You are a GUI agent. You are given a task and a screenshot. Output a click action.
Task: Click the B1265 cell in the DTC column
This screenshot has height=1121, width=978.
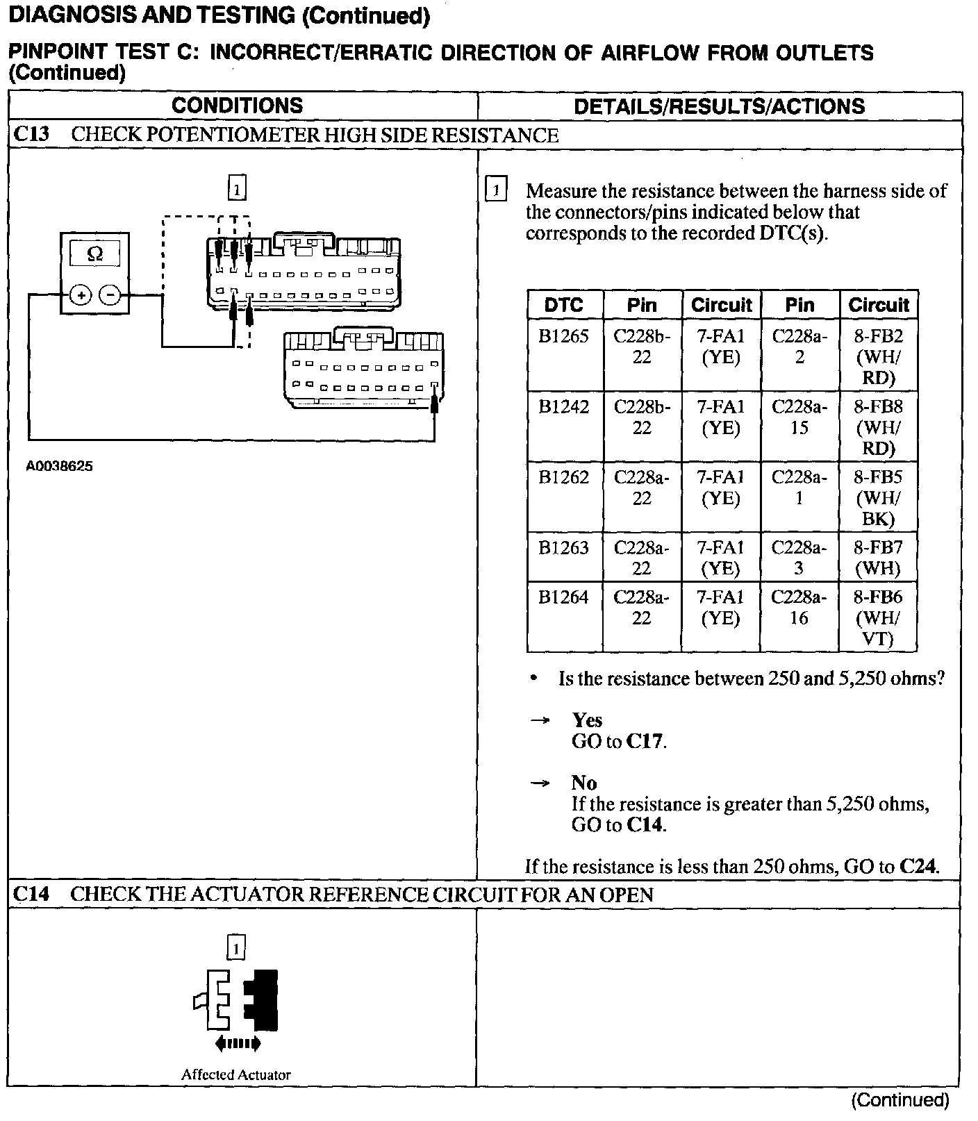563,337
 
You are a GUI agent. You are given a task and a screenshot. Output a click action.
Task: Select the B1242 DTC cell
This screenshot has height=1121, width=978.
563,407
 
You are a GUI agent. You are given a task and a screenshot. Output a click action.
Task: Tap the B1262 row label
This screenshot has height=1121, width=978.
563,477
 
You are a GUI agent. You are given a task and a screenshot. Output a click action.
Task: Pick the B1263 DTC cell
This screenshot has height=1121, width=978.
563,548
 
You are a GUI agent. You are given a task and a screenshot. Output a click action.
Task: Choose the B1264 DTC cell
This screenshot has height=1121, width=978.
563,597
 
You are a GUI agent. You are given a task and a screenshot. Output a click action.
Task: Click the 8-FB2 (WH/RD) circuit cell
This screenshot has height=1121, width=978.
878,357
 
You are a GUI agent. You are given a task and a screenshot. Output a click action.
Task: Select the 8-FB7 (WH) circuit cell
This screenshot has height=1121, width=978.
878,558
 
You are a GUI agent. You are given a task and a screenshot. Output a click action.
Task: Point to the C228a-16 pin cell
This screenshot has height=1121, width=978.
799,607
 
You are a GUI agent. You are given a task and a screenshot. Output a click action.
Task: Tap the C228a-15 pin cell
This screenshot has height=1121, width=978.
799,417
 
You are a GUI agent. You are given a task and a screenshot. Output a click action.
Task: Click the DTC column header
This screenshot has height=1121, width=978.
563,305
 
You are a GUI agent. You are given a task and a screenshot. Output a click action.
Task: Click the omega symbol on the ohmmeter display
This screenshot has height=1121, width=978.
95,254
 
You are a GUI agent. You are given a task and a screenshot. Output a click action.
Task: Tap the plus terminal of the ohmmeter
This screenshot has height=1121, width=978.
81,296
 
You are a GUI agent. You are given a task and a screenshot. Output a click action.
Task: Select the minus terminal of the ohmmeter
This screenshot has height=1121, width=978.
110,296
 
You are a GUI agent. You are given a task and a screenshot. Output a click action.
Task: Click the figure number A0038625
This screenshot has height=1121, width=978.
60,467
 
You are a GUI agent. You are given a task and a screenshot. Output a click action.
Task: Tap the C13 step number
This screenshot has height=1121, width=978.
32,134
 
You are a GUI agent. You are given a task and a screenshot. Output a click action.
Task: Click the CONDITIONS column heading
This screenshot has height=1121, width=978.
237,106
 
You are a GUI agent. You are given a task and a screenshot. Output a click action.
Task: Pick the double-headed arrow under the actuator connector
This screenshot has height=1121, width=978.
237,1042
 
